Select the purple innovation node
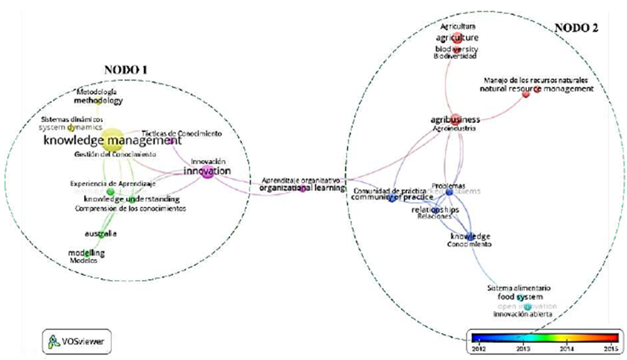pyautogui.click(x=207, y=172)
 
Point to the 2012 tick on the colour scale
pyautogui.click(x=478, y=345)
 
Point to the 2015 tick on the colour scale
pyautogui.click(x=610, y=345)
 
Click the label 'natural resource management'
pyautogui.click(x=537, y=89)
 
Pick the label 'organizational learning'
pyautogui.click(x=302, y=188)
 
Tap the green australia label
pyautogui.click(x=100, y=234)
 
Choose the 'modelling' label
pyautogui.click(x=86, y=252)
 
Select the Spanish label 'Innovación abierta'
pyautogui.click(x=523, y=315)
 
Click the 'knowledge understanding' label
pyautogui.click(x=127, y=199)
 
